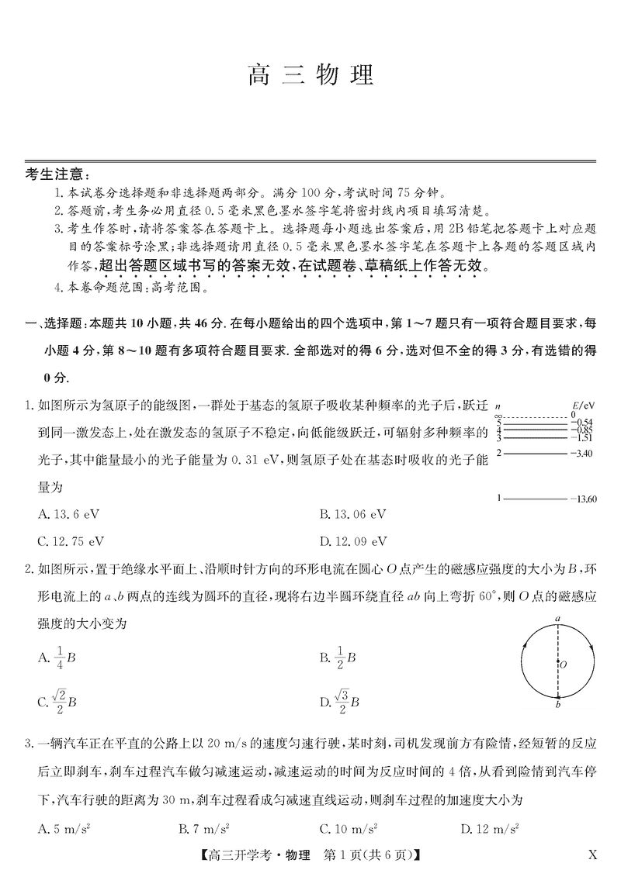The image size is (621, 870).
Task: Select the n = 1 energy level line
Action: tap(536, 498)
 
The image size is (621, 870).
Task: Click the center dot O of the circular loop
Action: tap(558, 663)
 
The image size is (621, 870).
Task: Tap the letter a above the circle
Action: tap(558, 618)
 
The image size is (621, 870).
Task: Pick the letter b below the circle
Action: tap(558, 705)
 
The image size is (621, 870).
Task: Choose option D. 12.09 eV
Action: tap(352, 540)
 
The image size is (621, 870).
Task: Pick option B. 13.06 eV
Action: tap(352, 514)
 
